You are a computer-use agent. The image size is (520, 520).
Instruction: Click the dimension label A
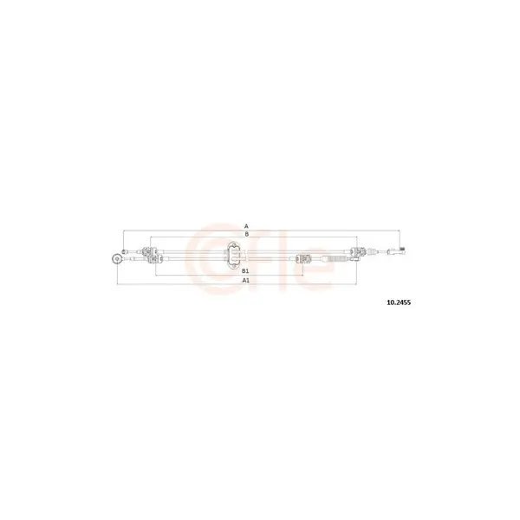tap(246, 226)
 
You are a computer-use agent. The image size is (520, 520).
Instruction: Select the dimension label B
tap(246, 234)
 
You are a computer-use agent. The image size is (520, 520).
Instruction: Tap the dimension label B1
tap(245, 271)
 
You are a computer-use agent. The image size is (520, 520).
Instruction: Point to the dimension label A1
tap(245, 280)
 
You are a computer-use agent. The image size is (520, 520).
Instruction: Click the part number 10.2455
tap(399, 302)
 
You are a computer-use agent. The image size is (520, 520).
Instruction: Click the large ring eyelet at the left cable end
tap(117, 258)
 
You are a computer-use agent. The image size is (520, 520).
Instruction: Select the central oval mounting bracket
tap(234, 255)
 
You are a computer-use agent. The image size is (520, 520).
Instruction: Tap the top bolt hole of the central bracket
tap(234, 245)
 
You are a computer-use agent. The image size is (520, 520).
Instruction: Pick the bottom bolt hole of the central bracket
tap(234, 265)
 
